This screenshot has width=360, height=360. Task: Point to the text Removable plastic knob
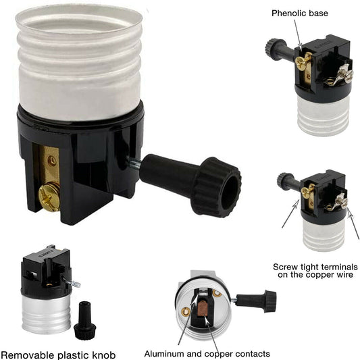(x=57, y=354)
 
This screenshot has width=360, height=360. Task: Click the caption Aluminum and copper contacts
(x=207, y=353)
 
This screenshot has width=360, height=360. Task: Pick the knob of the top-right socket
(x=276, y=49)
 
